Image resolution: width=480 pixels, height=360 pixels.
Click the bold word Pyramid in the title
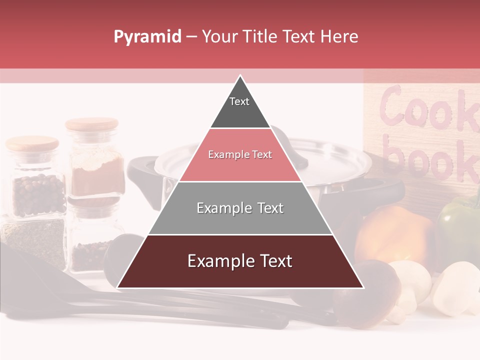coord(147,37)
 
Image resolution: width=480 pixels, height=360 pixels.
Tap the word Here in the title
coord(339,37)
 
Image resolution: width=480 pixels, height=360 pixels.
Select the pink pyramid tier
coord(240,155)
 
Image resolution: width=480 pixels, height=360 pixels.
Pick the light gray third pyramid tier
coord(240,208)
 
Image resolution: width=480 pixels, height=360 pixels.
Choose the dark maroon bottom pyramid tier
coord(240,261)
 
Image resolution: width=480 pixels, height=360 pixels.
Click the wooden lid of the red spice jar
coord(92,124)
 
